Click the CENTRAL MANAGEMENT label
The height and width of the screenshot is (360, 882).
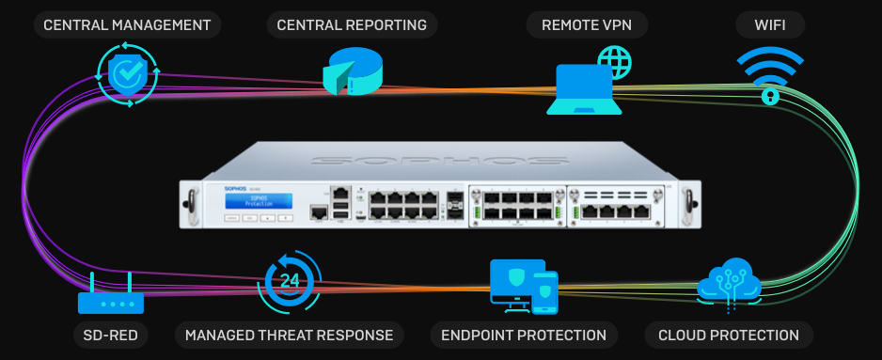coord(127,24)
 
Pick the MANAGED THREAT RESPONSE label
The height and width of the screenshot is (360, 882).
coord(290,336)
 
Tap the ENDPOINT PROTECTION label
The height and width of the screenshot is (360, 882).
coord(524,336)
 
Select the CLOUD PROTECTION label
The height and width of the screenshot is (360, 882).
coord(729,336)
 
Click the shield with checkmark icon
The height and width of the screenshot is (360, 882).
coord(129,74)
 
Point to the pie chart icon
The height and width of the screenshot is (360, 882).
coord(352,73)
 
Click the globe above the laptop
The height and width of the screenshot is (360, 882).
coord(614,62)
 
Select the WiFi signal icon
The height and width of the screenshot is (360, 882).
coord(770,74)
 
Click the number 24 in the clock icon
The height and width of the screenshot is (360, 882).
coord(290,280)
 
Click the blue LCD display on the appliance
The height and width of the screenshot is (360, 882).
coord(259,202)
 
